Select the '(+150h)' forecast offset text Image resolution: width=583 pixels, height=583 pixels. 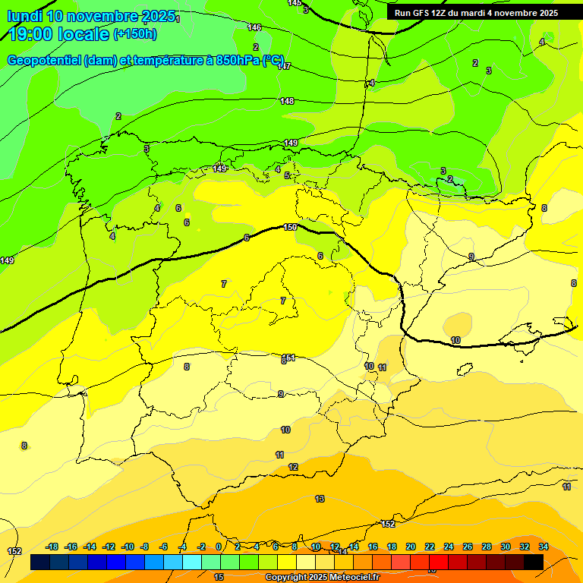(134, 34)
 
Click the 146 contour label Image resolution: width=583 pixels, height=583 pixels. (254, 27)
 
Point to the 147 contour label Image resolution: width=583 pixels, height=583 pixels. (284, 66)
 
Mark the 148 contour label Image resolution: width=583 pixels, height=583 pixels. (287, 101)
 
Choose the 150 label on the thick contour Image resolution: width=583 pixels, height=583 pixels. (290, 227)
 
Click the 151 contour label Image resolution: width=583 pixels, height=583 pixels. (288, 358)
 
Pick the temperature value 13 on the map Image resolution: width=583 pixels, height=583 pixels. (320, 499)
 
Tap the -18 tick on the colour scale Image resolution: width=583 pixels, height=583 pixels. (52, 547)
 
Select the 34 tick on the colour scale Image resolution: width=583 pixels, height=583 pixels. (543, 547)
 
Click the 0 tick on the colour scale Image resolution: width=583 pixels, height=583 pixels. (219, 547)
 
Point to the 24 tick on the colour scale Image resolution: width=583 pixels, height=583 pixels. (449, 547)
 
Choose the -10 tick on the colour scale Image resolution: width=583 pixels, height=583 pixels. (128, 547)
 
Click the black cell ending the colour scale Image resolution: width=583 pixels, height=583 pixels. (533, 562)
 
